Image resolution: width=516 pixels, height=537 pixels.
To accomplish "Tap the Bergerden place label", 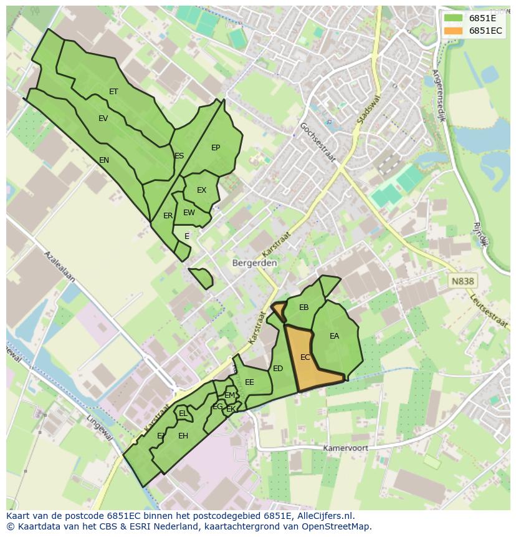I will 254,263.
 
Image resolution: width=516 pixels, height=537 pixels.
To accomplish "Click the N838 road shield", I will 462,281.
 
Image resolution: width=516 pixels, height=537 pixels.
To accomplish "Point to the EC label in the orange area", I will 305,357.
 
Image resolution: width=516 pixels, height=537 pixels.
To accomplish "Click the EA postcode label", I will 335,336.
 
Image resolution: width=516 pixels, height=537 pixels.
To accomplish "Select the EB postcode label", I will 304,307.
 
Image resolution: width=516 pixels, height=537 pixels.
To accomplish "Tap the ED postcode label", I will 278,369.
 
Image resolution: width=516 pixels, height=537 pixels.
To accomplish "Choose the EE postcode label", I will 249,382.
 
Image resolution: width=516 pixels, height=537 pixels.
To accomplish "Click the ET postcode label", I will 113,92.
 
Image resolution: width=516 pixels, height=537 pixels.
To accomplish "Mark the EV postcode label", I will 103,119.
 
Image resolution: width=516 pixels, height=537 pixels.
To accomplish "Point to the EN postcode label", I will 104,160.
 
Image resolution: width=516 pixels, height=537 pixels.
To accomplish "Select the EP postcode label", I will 216,148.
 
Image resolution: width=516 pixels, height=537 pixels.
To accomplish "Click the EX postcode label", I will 201,190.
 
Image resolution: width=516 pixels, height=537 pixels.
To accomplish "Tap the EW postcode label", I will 189,213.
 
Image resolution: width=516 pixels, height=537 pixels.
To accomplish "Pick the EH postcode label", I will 183,436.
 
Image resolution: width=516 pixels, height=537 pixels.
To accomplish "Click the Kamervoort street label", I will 345,448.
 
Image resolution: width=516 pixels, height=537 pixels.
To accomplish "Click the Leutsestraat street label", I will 490,311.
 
